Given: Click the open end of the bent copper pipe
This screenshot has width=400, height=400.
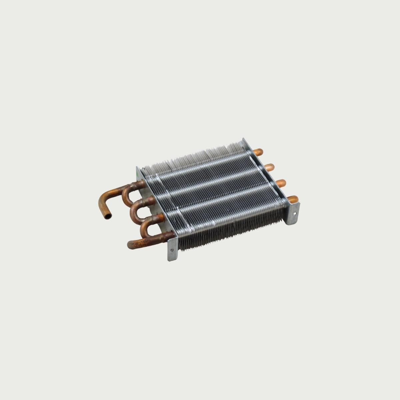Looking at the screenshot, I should (107, 217).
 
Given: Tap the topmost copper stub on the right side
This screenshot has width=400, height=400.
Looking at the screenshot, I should (258, 152).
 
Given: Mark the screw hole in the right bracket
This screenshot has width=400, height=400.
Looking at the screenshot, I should (295, 210).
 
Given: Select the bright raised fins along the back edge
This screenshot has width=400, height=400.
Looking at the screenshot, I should (193, 157).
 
